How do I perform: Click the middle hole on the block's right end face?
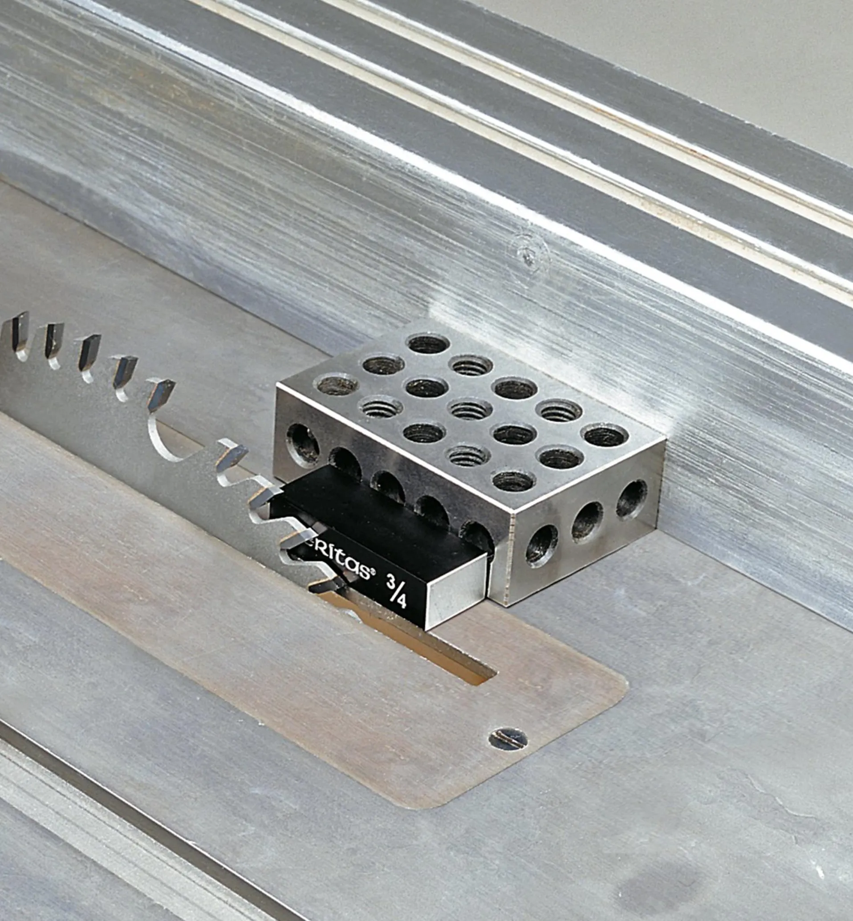587,521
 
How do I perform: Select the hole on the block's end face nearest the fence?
631,499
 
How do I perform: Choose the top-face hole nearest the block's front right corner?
514,481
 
